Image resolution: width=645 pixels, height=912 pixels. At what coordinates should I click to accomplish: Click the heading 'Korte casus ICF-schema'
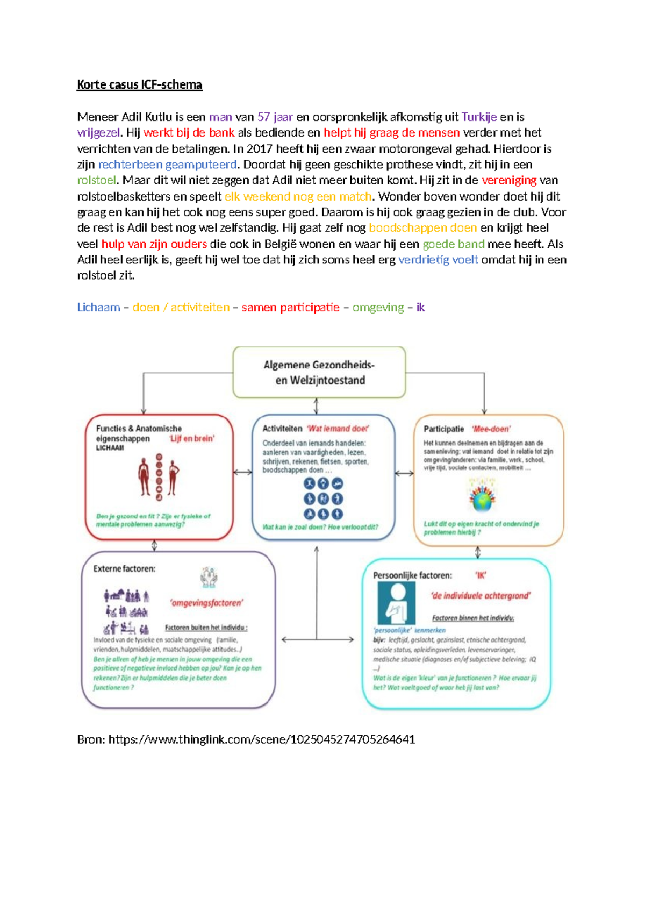140,85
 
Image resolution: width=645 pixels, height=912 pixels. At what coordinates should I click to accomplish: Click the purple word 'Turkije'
479,117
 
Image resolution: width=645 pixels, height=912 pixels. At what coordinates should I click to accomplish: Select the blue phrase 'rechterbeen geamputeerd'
167,165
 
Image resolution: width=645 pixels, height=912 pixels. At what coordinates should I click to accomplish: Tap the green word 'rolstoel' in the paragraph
96,180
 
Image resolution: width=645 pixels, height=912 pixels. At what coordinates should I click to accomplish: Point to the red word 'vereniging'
508,180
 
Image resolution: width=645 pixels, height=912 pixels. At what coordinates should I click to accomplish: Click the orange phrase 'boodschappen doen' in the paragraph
422,228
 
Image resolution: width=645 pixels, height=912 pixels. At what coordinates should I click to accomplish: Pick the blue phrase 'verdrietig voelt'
438,260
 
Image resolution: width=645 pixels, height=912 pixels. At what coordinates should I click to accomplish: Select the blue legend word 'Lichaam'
98,308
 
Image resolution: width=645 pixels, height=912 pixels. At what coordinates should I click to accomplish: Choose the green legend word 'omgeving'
378,308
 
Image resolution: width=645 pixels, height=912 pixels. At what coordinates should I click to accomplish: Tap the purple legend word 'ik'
420,308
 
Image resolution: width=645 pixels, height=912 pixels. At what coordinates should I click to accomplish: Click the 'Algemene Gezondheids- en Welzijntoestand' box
319,373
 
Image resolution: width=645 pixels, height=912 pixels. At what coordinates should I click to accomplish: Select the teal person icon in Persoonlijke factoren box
397,602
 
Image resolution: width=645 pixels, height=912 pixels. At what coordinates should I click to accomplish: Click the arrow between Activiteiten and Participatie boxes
404,473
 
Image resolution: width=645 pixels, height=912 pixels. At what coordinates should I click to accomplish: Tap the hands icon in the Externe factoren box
209,577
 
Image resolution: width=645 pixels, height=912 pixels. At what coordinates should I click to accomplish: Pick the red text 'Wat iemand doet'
338,429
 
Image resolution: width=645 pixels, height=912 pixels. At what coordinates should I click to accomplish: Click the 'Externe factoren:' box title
124,569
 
